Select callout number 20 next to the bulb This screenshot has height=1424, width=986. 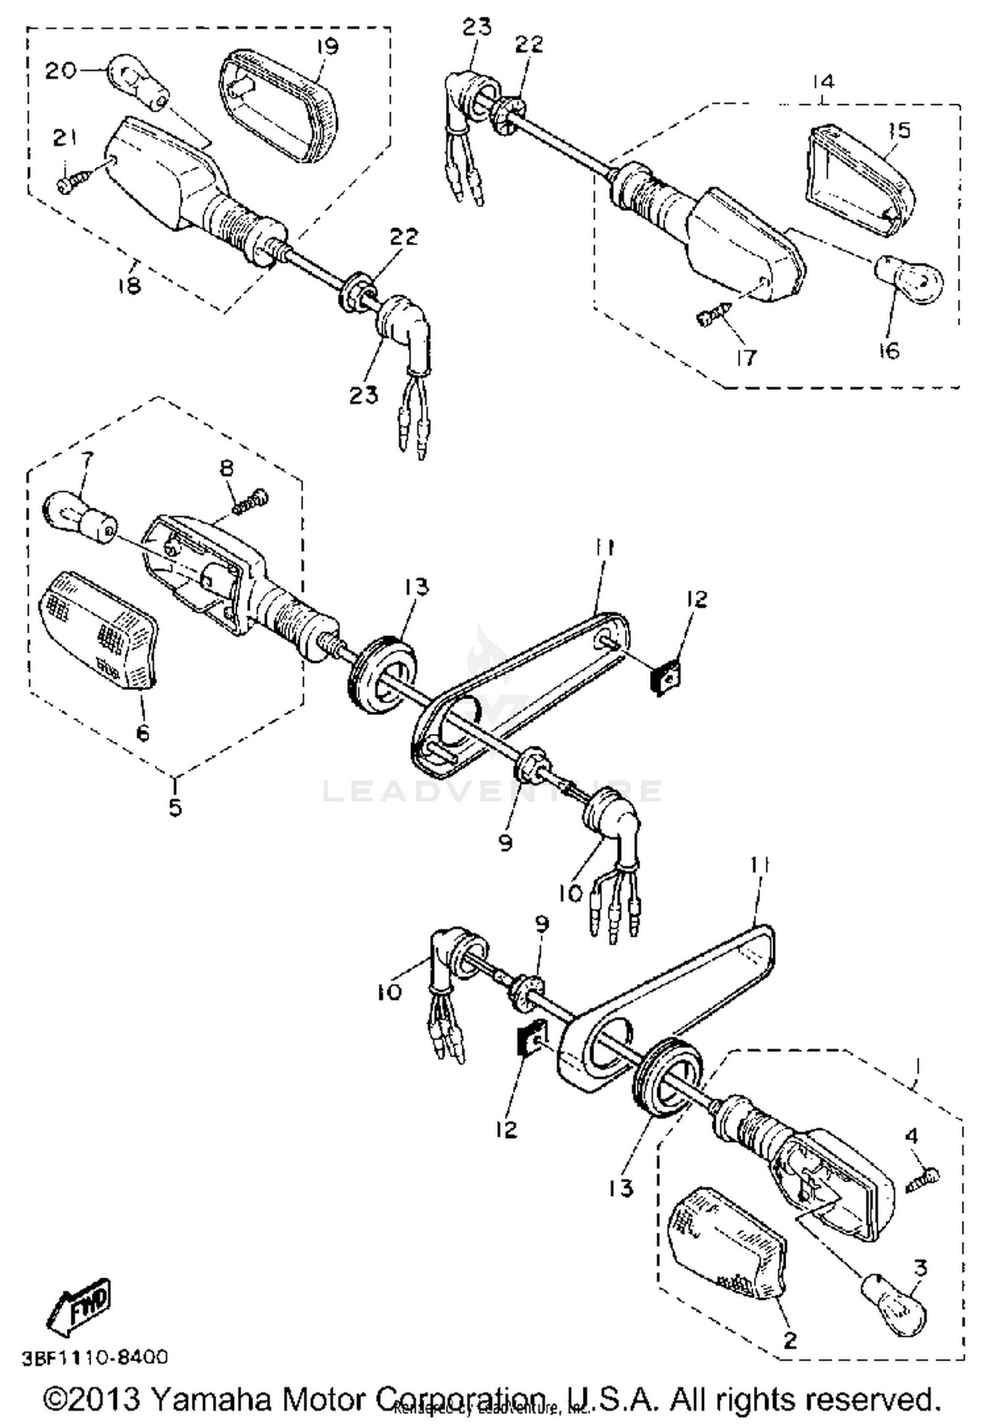60,70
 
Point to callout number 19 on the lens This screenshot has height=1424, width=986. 327,47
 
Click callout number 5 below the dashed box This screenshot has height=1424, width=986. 175,807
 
